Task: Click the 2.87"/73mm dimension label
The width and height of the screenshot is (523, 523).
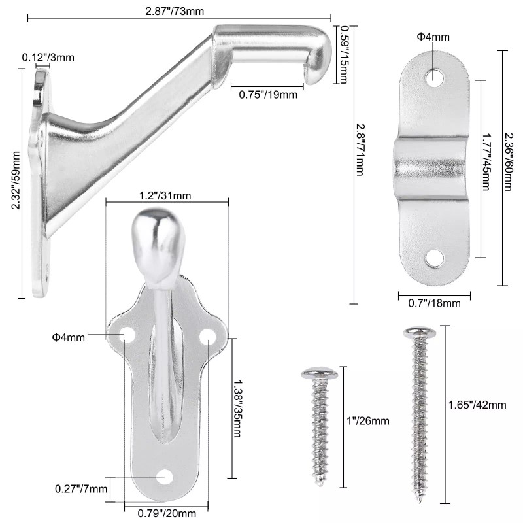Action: pos(175,11)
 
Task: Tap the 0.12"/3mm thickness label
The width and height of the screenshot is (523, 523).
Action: pos(48,58)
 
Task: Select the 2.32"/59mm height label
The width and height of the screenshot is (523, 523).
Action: pos(16,180)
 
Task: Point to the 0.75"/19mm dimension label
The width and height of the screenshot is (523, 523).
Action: pos(268,94)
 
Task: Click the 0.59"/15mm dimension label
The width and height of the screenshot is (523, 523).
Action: pos(343,55)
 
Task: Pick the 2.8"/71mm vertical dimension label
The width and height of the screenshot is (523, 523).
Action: pos(360,150)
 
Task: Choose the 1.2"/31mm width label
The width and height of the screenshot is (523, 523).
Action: pos(165,195)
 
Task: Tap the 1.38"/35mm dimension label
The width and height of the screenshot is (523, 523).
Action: pos(237,409)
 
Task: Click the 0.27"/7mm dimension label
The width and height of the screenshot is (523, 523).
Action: pos(81,489)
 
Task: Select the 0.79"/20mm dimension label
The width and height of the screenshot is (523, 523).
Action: pos(167,513)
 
